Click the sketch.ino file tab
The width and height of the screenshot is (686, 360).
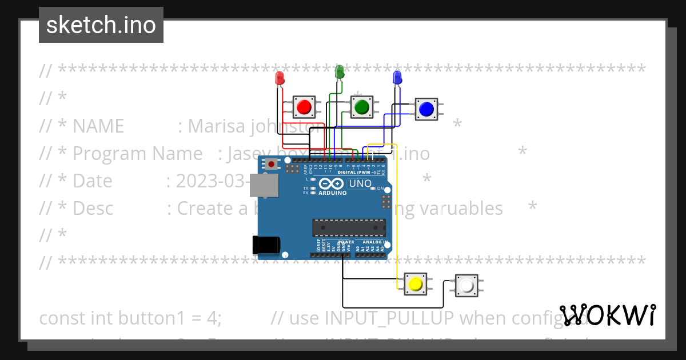[101, 25]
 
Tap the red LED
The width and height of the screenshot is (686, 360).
[280, 78]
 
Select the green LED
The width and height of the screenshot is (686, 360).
[339, 72]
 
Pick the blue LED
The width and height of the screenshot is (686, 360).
[397, 77]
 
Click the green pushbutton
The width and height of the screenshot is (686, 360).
[361, 107]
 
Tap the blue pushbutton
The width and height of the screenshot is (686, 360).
[426, 109]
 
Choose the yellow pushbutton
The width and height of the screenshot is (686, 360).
[415, 283]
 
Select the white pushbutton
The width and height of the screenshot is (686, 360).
[466, 285]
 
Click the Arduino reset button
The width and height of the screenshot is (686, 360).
[272, 165]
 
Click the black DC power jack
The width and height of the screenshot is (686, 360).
[266, 245]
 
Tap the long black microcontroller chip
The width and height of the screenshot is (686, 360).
[346, 227]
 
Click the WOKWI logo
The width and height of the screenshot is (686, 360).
[608, 315]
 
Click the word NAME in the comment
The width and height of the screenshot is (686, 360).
[98, 126]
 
